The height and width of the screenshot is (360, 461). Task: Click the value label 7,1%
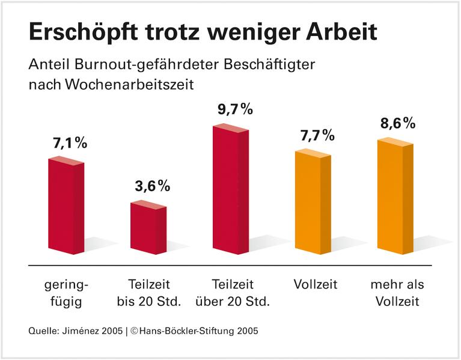(x=70, y=143)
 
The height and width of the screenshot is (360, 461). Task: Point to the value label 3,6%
(x=152, y=186)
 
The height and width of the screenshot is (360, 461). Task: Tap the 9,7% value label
(x=234, y=109)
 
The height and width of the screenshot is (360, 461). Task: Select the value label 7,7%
(x=317, y=135)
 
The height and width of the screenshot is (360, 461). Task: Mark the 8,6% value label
(x=398, y=124)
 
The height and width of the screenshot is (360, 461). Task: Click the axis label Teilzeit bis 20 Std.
(x=148, y=292)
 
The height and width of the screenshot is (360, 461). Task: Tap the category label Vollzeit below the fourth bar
(x=316, y=284)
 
